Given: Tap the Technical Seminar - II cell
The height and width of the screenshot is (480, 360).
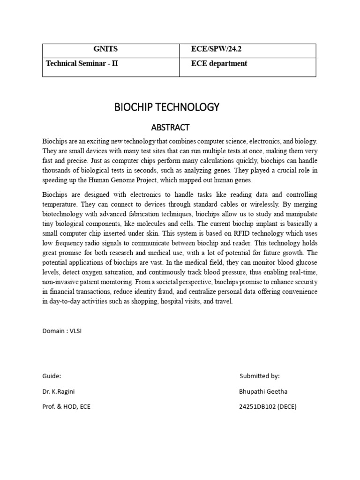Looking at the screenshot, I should tap(82, 63).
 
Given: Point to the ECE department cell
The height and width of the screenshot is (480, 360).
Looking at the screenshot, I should tap(219, 63).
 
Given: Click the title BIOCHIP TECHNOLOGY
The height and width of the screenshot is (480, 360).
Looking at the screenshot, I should tap(167, 107).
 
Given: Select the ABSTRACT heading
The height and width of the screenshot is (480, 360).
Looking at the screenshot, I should tap(170, 127).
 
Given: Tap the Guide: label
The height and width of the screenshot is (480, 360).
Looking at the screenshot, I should tap(52, 376).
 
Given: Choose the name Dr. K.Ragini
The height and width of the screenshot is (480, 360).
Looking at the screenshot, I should tap(59, 391).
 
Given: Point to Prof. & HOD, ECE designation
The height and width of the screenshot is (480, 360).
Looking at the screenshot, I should tap(66, 407).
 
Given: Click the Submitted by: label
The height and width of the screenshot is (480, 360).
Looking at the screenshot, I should tap(260, 376).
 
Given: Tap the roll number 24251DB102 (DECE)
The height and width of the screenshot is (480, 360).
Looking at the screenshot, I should tap(268, 407).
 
